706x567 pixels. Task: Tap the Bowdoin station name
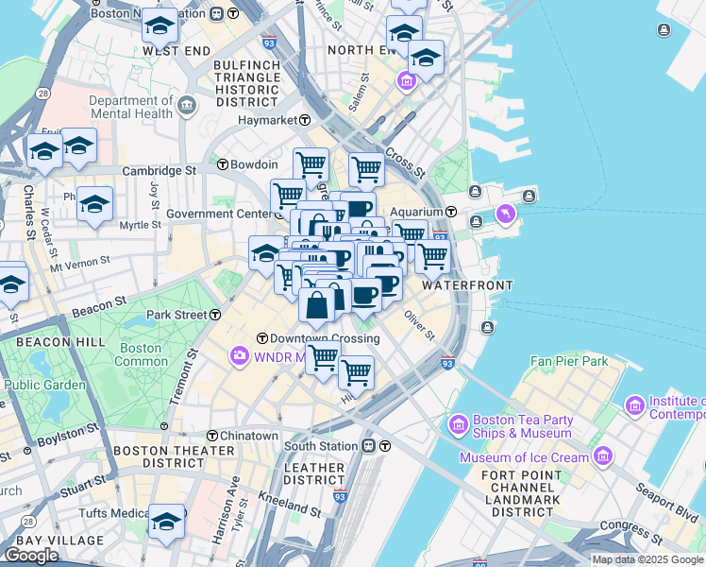250,164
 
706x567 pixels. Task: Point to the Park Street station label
176,314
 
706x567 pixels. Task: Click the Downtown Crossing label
324,338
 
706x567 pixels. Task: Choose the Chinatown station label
248,436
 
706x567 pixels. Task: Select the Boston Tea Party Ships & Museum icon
461,422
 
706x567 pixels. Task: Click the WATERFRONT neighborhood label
467,285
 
